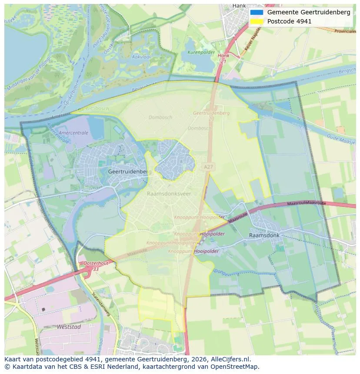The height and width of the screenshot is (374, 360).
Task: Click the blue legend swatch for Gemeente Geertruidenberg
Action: coord(257,13)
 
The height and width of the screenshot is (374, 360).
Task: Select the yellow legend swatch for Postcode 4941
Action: coord(257,21)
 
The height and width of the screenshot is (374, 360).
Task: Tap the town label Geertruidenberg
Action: coord(130,172)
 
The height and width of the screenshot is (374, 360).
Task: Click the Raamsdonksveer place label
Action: coord(169,194)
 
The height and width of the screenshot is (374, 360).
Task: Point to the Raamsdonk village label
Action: coord(264,235)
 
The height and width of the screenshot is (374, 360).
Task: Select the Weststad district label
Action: coord(69,327)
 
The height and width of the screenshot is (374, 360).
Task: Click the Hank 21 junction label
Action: coord(223,59)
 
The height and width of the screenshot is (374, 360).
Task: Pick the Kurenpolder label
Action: coord(201,52)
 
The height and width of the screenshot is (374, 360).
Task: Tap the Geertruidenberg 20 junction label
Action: coord(211,115)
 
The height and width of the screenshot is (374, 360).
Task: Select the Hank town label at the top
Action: coord(239,6)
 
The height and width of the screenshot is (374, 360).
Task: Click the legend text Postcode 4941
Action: coord(289,21)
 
